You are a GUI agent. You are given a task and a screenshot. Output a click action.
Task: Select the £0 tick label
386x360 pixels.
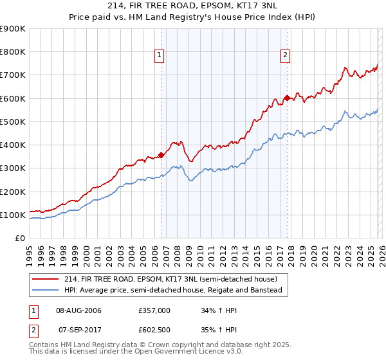coord(19,238)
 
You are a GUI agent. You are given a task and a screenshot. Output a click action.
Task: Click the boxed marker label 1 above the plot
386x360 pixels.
coord(160,55)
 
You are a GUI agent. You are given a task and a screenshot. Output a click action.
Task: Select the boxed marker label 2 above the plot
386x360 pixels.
coord(284,55)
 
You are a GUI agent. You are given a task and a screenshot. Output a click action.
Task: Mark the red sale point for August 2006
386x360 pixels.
coord(161,154)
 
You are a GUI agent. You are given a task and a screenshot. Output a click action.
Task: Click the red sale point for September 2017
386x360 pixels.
coord(287,98)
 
